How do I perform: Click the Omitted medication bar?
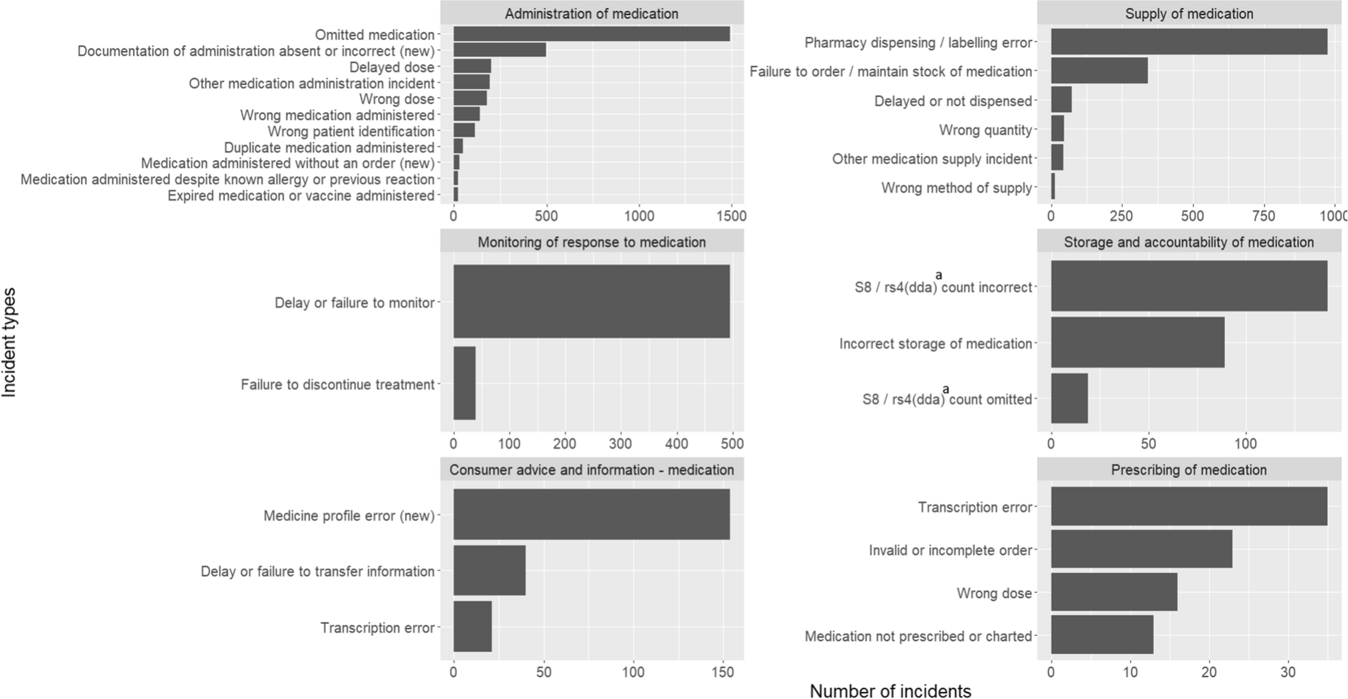(591, 35)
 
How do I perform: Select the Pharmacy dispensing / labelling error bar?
(1189, 42)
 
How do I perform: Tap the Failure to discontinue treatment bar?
(464, 384)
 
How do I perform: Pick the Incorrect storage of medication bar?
(1137, 343)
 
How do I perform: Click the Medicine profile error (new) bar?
(591, 514)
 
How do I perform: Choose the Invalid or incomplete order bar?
(1141, 549)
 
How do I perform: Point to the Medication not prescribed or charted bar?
(1102, 635)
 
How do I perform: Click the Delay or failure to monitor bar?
(591, 302)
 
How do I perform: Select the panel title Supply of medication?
(1189, 13)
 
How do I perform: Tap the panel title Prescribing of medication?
(1189, 470)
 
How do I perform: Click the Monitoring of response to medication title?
(591, 242)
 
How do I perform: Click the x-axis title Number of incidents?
(890, 691)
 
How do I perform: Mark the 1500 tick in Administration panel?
(731, 216)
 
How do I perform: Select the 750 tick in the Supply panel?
(1263, 216)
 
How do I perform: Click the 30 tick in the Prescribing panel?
(1288, 672)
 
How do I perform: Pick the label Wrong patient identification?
(351, 131)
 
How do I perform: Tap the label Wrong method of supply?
(956, 188)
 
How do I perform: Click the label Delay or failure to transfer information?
(317, 572)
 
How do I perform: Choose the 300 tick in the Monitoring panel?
(621, 443)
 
